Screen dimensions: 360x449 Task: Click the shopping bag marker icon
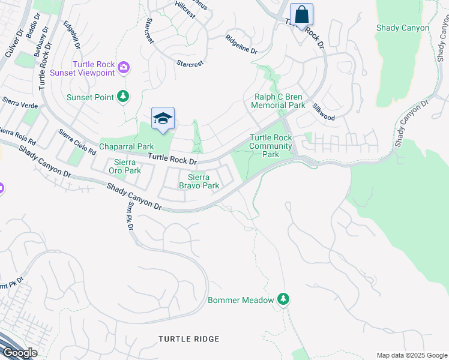click(x=301, y=15)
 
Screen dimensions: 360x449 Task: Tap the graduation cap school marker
click(x=163, y=119)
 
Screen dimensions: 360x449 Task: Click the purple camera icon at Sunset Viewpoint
click(x=124, y=67)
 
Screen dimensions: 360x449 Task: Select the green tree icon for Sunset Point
click(x=123, y=97)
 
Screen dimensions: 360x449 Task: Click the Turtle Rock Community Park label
click(x=271, y=146)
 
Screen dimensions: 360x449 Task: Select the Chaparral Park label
click(x=127, y=147)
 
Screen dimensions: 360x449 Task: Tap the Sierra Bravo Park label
click(x=199, y=181)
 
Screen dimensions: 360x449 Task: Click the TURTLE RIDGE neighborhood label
click(x=189, y=339)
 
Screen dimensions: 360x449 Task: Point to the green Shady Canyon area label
click(x=403, y=28)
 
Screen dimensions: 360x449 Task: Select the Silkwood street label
click(x=323, y=112)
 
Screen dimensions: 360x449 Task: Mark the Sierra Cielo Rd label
click(x=77, y=142)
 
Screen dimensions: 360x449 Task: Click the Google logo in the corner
click(x=20, y=352)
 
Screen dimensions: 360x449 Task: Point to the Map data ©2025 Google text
click(x=411, y=355)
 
